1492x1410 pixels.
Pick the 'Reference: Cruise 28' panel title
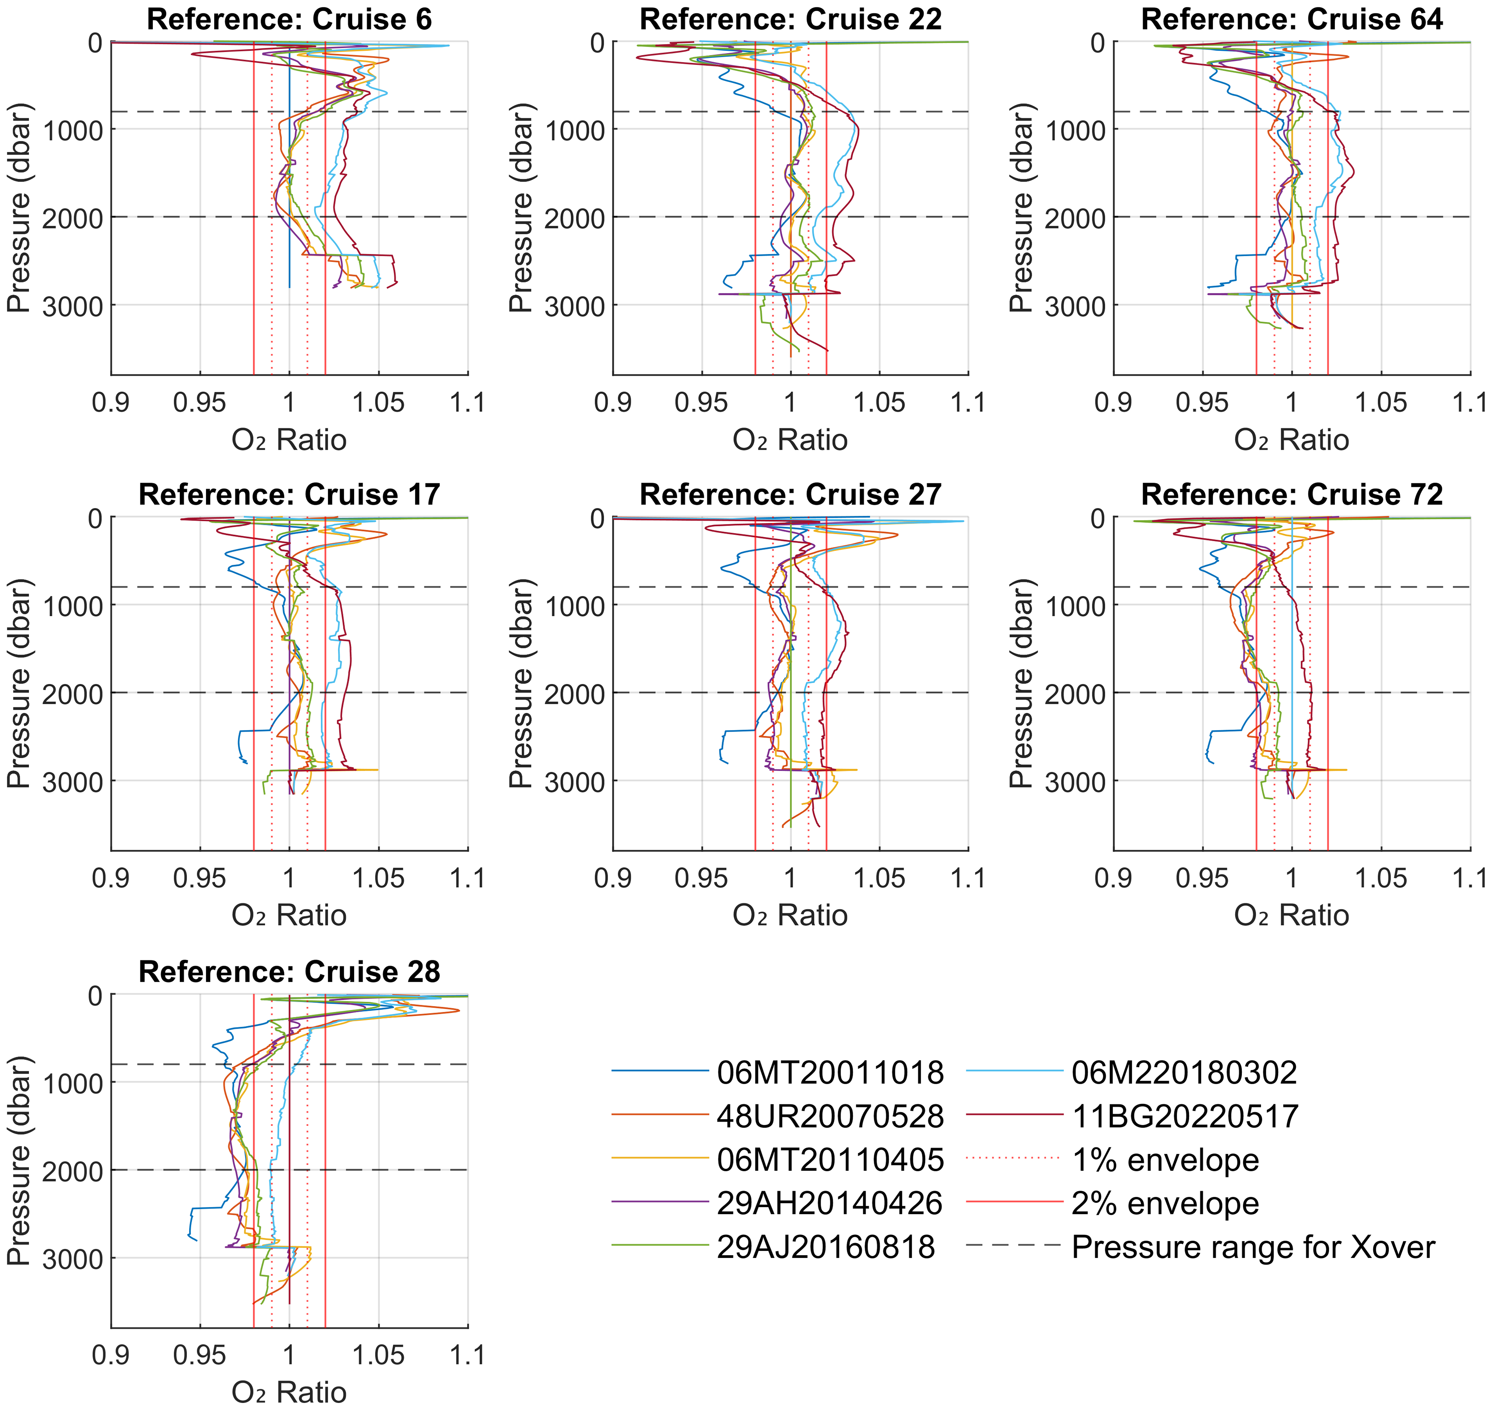[x=289, y=972]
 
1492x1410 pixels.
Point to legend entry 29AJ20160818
[x=825, y=1247]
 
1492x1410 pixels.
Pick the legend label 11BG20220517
[x=1185, y=1116]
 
